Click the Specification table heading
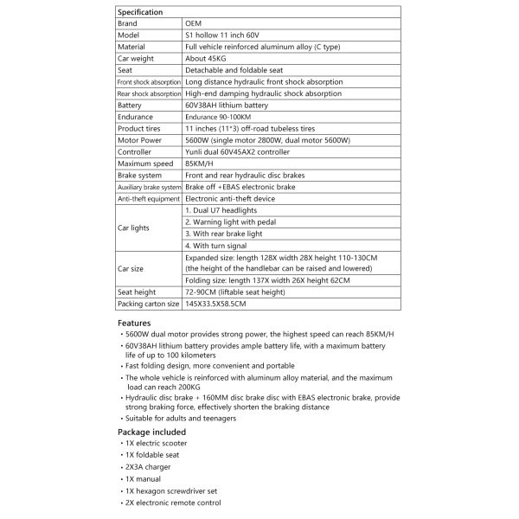tap(140, 11)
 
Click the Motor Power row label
tap(139, 140)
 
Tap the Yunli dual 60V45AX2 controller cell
tap(234, 151)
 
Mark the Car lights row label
tap(135, 228)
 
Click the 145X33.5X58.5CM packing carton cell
tap(216, 304)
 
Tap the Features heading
tap(134, 322)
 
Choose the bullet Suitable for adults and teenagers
tap(180, 419)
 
